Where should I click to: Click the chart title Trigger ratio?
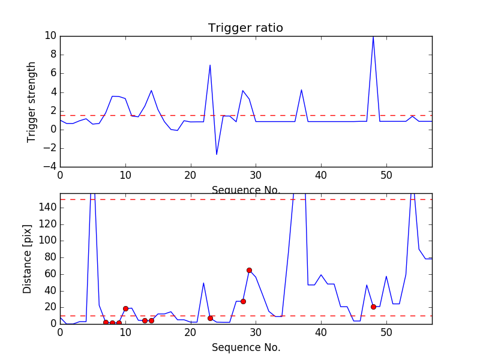pos(245,28)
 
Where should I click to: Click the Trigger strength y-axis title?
pos(31,102)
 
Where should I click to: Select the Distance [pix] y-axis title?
pos(27,259)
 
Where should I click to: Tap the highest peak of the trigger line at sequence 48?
pos(373,37)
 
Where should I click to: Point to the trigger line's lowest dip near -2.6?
pos(217,154)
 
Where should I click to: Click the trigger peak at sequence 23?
pos(210,65)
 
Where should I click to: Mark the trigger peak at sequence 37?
pos(302,89)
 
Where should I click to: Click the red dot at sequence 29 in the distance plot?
pos(249,271)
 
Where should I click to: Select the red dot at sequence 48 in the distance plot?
pos(373,307)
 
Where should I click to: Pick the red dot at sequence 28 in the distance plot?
pos(243,302)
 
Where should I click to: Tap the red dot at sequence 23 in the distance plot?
pos(211,319)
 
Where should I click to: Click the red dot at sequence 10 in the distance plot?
pos(125,308)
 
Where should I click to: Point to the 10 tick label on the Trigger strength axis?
pos(50,36)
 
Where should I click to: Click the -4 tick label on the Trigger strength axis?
pos(50,167)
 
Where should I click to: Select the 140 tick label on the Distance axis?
pos(48,208)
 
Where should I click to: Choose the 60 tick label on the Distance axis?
pos(50,274)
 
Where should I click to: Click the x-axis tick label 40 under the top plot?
pos(321,176)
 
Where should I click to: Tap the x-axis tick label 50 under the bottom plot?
pos(386,332)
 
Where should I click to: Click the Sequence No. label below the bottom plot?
pos(246,347)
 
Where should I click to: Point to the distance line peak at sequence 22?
pos(203,283)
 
